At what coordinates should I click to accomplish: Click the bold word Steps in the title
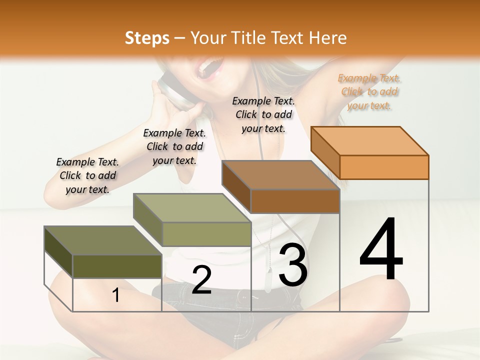[147, 38]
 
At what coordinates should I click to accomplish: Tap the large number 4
[381, 250]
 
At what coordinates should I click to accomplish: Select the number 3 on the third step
[293, 265]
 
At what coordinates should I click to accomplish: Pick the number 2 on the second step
[201, 280]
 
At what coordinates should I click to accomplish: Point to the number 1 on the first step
[116, 295]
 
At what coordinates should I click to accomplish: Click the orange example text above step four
[369, 92]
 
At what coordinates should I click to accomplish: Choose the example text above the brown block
[263, 114]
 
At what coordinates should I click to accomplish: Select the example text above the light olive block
[174, 146]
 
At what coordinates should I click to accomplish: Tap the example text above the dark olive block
[87, 175]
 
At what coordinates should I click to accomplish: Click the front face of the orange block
[384, 167]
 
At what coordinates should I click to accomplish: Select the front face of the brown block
[295, 201]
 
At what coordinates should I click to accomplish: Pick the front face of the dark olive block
[117, 266]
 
